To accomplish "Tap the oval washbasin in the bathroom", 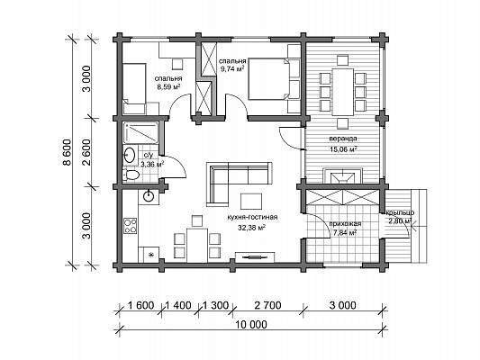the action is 130,155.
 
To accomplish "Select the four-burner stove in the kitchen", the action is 131,226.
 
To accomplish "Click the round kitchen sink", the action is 149,196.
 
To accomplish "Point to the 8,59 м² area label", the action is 168,86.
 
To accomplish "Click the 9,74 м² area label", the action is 232,68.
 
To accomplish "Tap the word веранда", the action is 343,139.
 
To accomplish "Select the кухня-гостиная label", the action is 252,217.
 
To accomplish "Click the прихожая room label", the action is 345,223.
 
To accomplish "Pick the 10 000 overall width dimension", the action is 251,325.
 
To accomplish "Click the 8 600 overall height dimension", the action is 67,152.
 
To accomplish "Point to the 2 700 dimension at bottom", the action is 267,305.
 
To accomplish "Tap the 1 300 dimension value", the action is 215,305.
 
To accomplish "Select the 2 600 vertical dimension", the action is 86,152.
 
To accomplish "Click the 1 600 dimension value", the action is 140,305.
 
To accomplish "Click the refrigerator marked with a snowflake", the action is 149,255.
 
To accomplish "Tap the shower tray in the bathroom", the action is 140,132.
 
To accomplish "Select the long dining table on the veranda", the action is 343,92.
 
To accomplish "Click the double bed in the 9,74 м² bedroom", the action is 268,78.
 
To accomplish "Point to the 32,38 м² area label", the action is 251,228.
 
